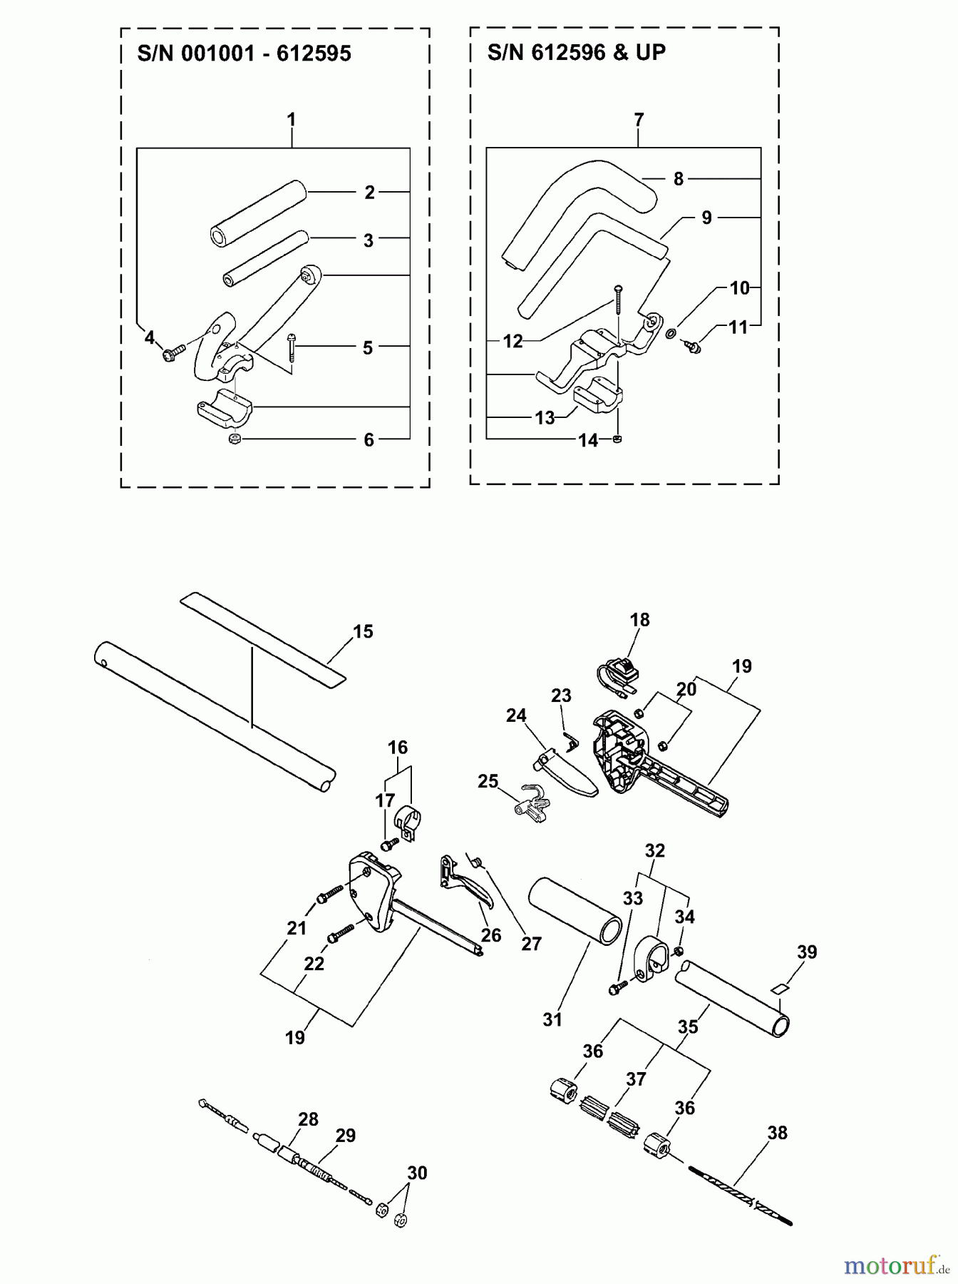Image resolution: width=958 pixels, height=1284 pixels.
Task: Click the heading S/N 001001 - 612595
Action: tap(244, 54)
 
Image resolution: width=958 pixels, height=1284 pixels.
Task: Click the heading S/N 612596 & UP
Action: tap(576, 52)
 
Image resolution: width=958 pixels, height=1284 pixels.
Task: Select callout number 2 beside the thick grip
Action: tap(369, 192)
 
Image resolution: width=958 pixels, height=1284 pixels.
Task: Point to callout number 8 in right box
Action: tap(679, 179)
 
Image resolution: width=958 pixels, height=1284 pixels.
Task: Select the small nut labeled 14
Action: tap(618, 439)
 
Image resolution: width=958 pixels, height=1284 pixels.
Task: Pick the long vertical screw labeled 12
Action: tap(617, 300)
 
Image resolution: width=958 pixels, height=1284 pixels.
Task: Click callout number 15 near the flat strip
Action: tap(363, 631)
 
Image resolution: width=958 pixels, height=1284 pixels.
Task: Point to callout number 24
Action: tap(516, 715)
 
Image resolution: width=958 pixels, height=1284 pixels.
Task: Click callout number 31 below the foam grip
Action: tap(552, 1020)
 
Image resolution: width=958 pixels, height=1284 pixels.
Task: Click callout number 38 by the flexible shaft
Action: tap(777, 1133)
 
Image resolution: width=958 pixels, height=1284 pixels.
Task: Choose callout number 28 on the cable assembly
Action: tap(308, 1119)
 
